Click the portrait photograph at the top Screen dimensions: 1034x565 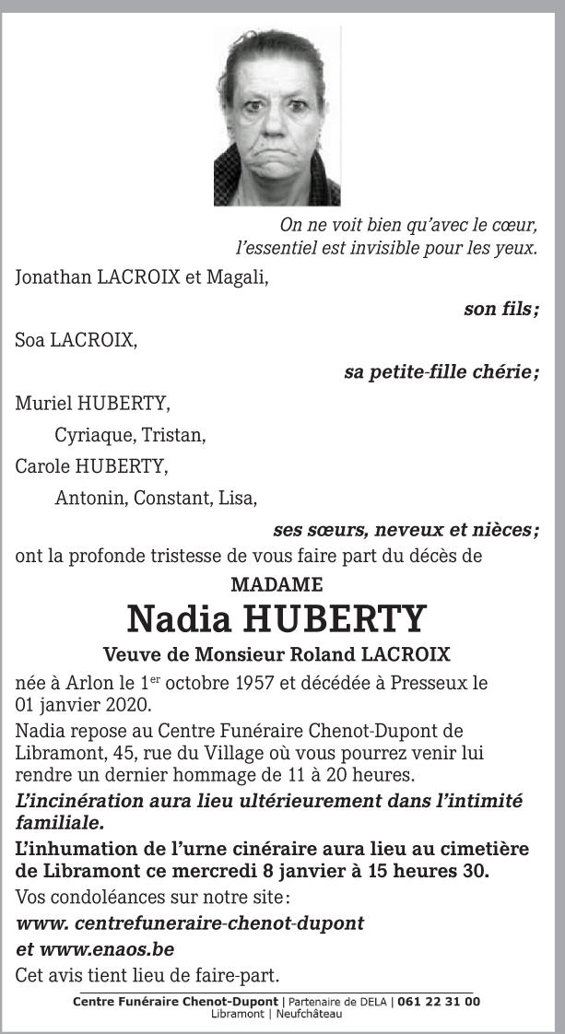tap(277, 115)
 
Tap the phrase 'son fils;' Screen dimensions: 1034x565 tap(500, 310)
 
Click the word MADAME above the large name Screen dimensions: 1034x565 tap(277, 584)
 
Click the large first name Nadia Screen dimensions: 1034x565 tap(178, 618)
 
